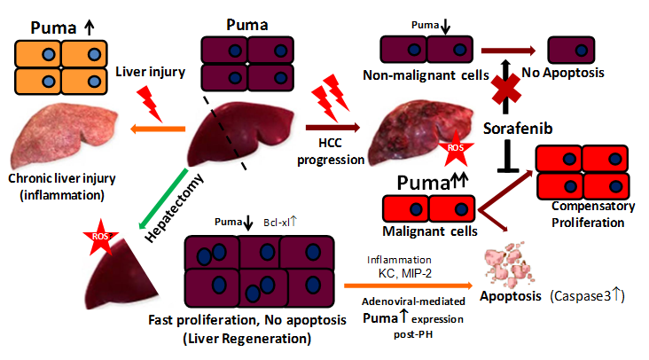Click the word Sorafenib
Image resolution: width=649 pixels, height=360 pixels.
[517, 128]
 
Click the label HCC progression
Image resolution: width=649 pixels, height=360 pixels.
[332, 153]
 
